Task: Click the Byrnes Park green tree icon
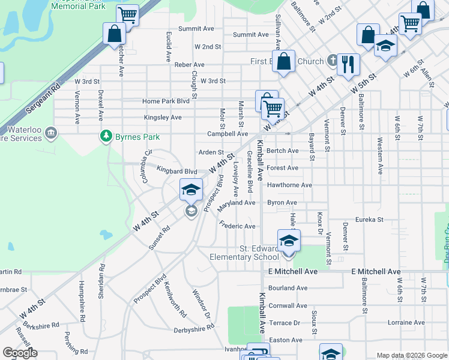click(106, 136)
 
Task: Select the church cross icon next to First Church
click(333, 61)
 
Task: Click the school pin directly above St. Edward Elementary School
click(289, 241)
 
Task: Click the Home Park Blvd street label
click(166, 101)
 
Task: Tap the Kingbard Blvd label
click(176, 171)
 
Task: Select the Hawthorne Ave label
click(289, 185)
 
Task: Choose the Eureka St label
click(369, 220)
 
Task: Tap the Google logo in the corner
click(20, 353)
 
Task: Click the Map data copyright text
click(411, 355)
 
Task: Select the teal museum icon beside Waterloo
click(50, 132)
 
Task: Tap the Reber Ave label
click(189, 64)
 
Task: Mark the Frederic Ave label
click(238, 226)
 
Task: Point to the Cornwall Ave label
click(288, 305)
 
